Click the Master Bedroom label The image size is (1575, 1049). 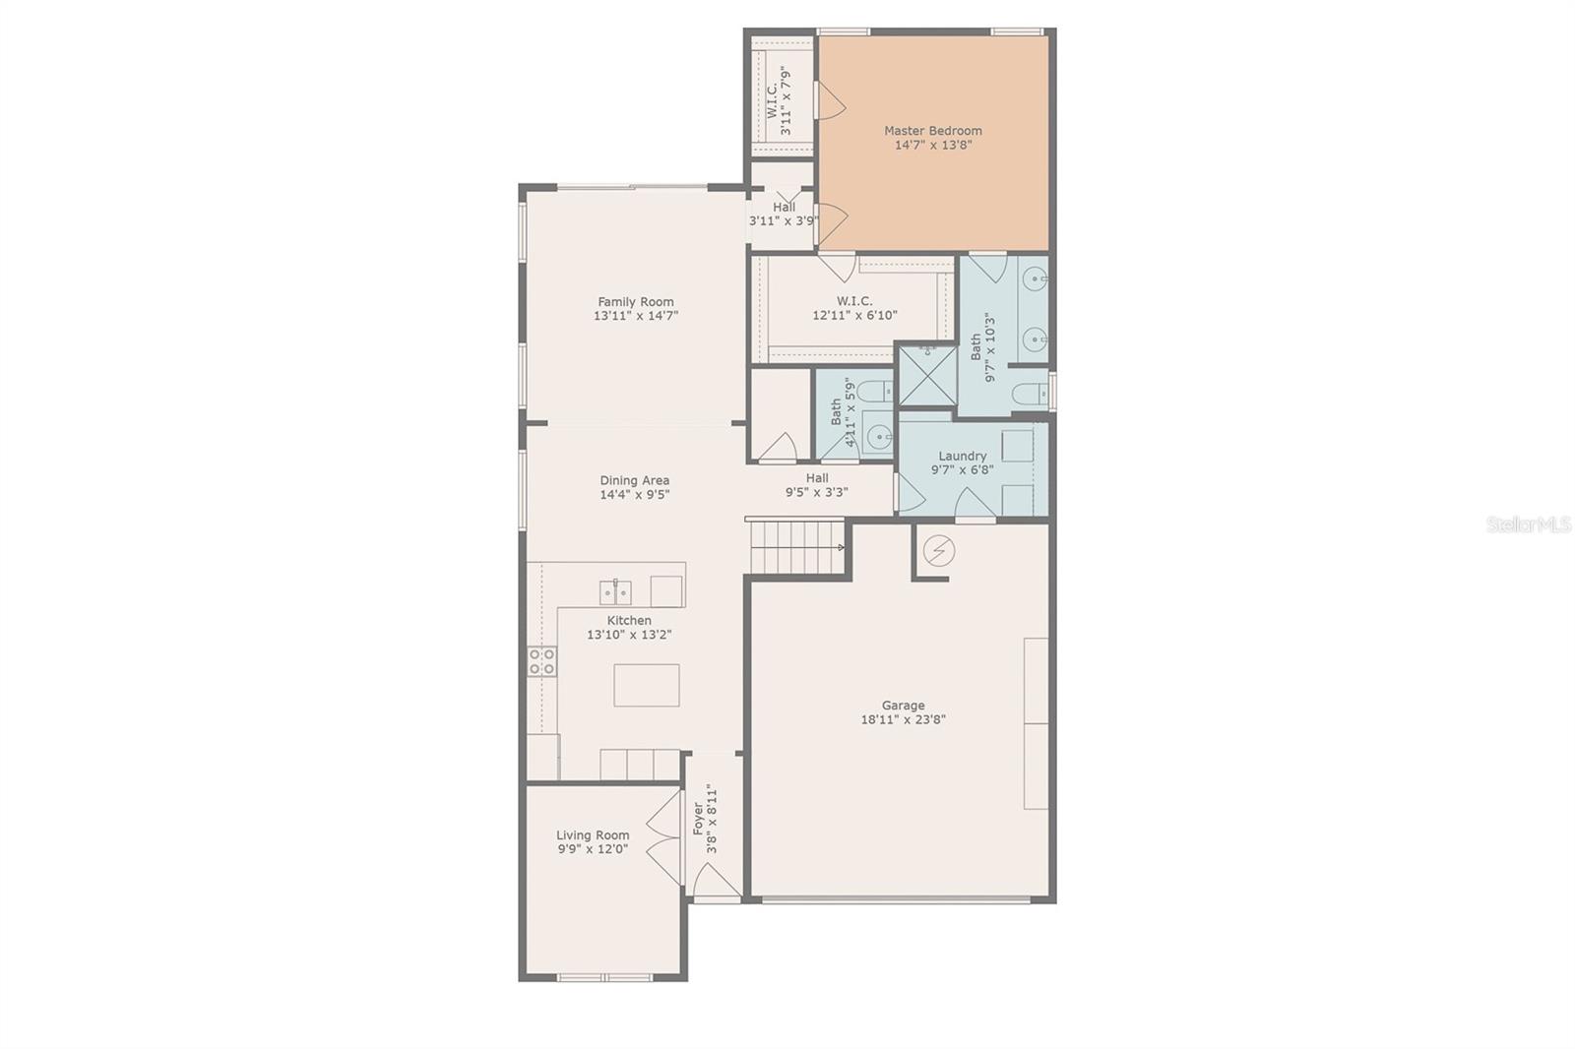tap(932, 131)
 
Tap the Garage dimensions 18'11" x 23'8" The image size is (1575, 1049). tap(903, 719)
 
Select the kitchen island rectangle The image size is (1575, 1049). tap(647, 685)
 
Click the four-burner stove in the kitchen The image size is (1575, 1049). tap(541, 661)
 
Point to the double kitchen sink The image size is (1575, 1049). tap(615, 592)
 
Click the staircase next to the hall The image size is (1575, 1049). tap(795, 547)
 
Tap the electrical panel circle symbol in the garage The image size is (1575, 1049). tap(938, 551)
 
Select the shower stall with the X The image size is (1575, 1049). tap(927, 376)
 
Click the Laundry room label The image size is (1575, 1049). tap(962, 457)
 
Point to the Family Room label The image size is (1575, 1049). tap(636, 302)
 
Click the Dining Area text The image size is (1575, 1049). tap(635, 481)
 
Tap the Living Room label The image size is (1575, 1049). tap(593, 835)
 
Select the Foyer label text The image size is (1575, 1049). tap(698, 819)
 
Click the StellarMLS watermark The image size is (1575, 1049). tap(1528, 525)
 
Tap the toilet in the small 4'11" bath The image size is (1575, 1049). tap(872, 393)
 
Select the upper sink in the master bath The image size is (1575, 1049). tap(1035, 280)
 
